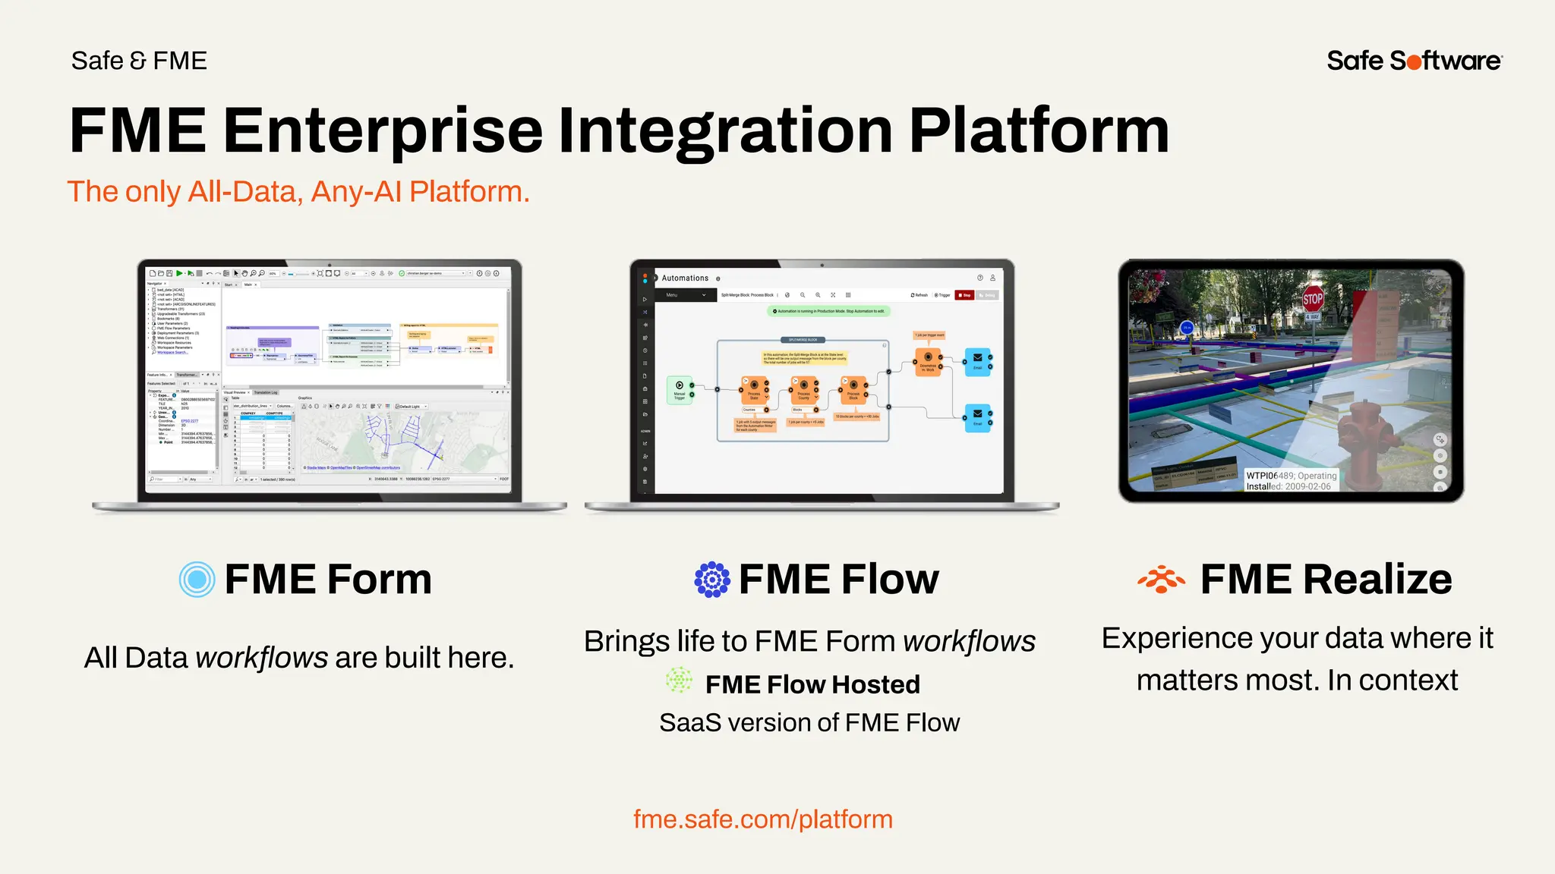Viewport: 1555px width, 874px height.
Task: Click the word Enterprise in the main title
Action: point(383,130)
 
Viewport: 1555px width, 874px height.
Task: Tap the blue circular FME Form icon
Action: point(197,580)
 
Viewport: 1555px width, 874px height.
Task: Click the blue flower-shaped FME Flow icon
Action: point(712,580)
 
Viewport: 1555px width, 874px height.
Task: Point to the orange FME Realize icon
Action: point(1161,580)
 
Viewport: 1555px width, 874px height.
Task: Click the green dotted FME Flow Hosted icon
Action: point(679,681)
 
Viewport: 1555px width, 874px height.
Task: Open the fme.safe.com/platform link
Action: point(762,819)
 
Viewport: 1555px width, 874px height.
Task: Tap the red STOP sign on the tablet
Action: point(1313,298)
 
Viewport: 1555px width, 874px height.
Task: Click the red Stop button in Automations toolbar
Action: point(964,295)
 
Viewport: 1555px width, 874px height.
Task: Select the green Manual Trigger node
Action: point(680,390)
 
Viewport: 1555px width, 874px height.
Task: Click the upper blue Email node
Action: point(977,361)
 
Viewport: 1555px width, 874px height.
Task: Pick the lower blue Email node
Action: point(977,417)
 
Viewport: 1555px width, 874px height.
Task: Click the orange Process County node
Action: point(803,390)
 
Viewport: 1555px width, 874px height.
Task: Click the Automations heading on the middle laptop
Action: point(685,278)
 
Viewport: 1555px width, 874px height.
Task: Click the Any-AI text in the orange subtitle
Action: point(355,192)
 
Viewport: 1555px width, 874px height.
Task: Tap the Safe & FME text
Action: point(139,61)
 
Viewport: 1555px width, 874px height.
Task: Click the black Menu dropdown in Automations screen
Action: point(686,295)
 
